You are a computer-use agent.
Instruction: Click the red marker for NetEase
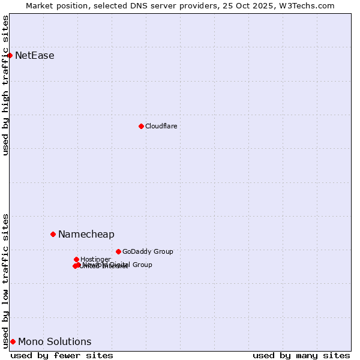[10, 55]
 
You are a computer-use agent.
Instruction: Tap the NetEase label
[34, 56]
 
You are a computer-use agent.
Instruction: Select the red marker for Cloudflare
[141, 126]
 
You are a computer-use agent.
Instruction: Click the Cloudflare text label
[161, 126]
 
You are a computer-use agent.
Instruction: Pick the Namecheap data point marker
[53, 234]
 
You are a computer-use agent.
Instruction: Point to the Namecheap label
[86, 235]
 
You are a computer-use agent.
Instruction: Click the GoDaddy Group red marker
[118, 251]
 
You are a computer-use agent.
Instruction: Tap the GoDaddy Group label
[148, 252]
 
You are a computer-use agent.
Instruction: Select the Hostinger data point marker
[76, 259]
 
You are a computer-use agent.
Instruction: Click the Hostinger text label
[95, 260]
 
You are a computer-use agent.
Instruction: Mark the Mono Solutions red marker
[13, 341]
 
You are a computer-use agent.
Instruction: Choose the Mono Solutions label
[55, 342]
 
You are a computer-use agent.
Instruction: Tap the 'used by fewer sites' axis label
[62, 355]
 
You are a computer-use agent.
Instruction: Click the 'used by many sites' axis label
[301, 355]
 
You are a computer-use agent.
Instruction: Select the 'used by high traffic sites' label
[5, 85]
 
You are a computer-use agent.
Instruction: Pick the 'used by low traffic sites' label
[5, 281]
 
